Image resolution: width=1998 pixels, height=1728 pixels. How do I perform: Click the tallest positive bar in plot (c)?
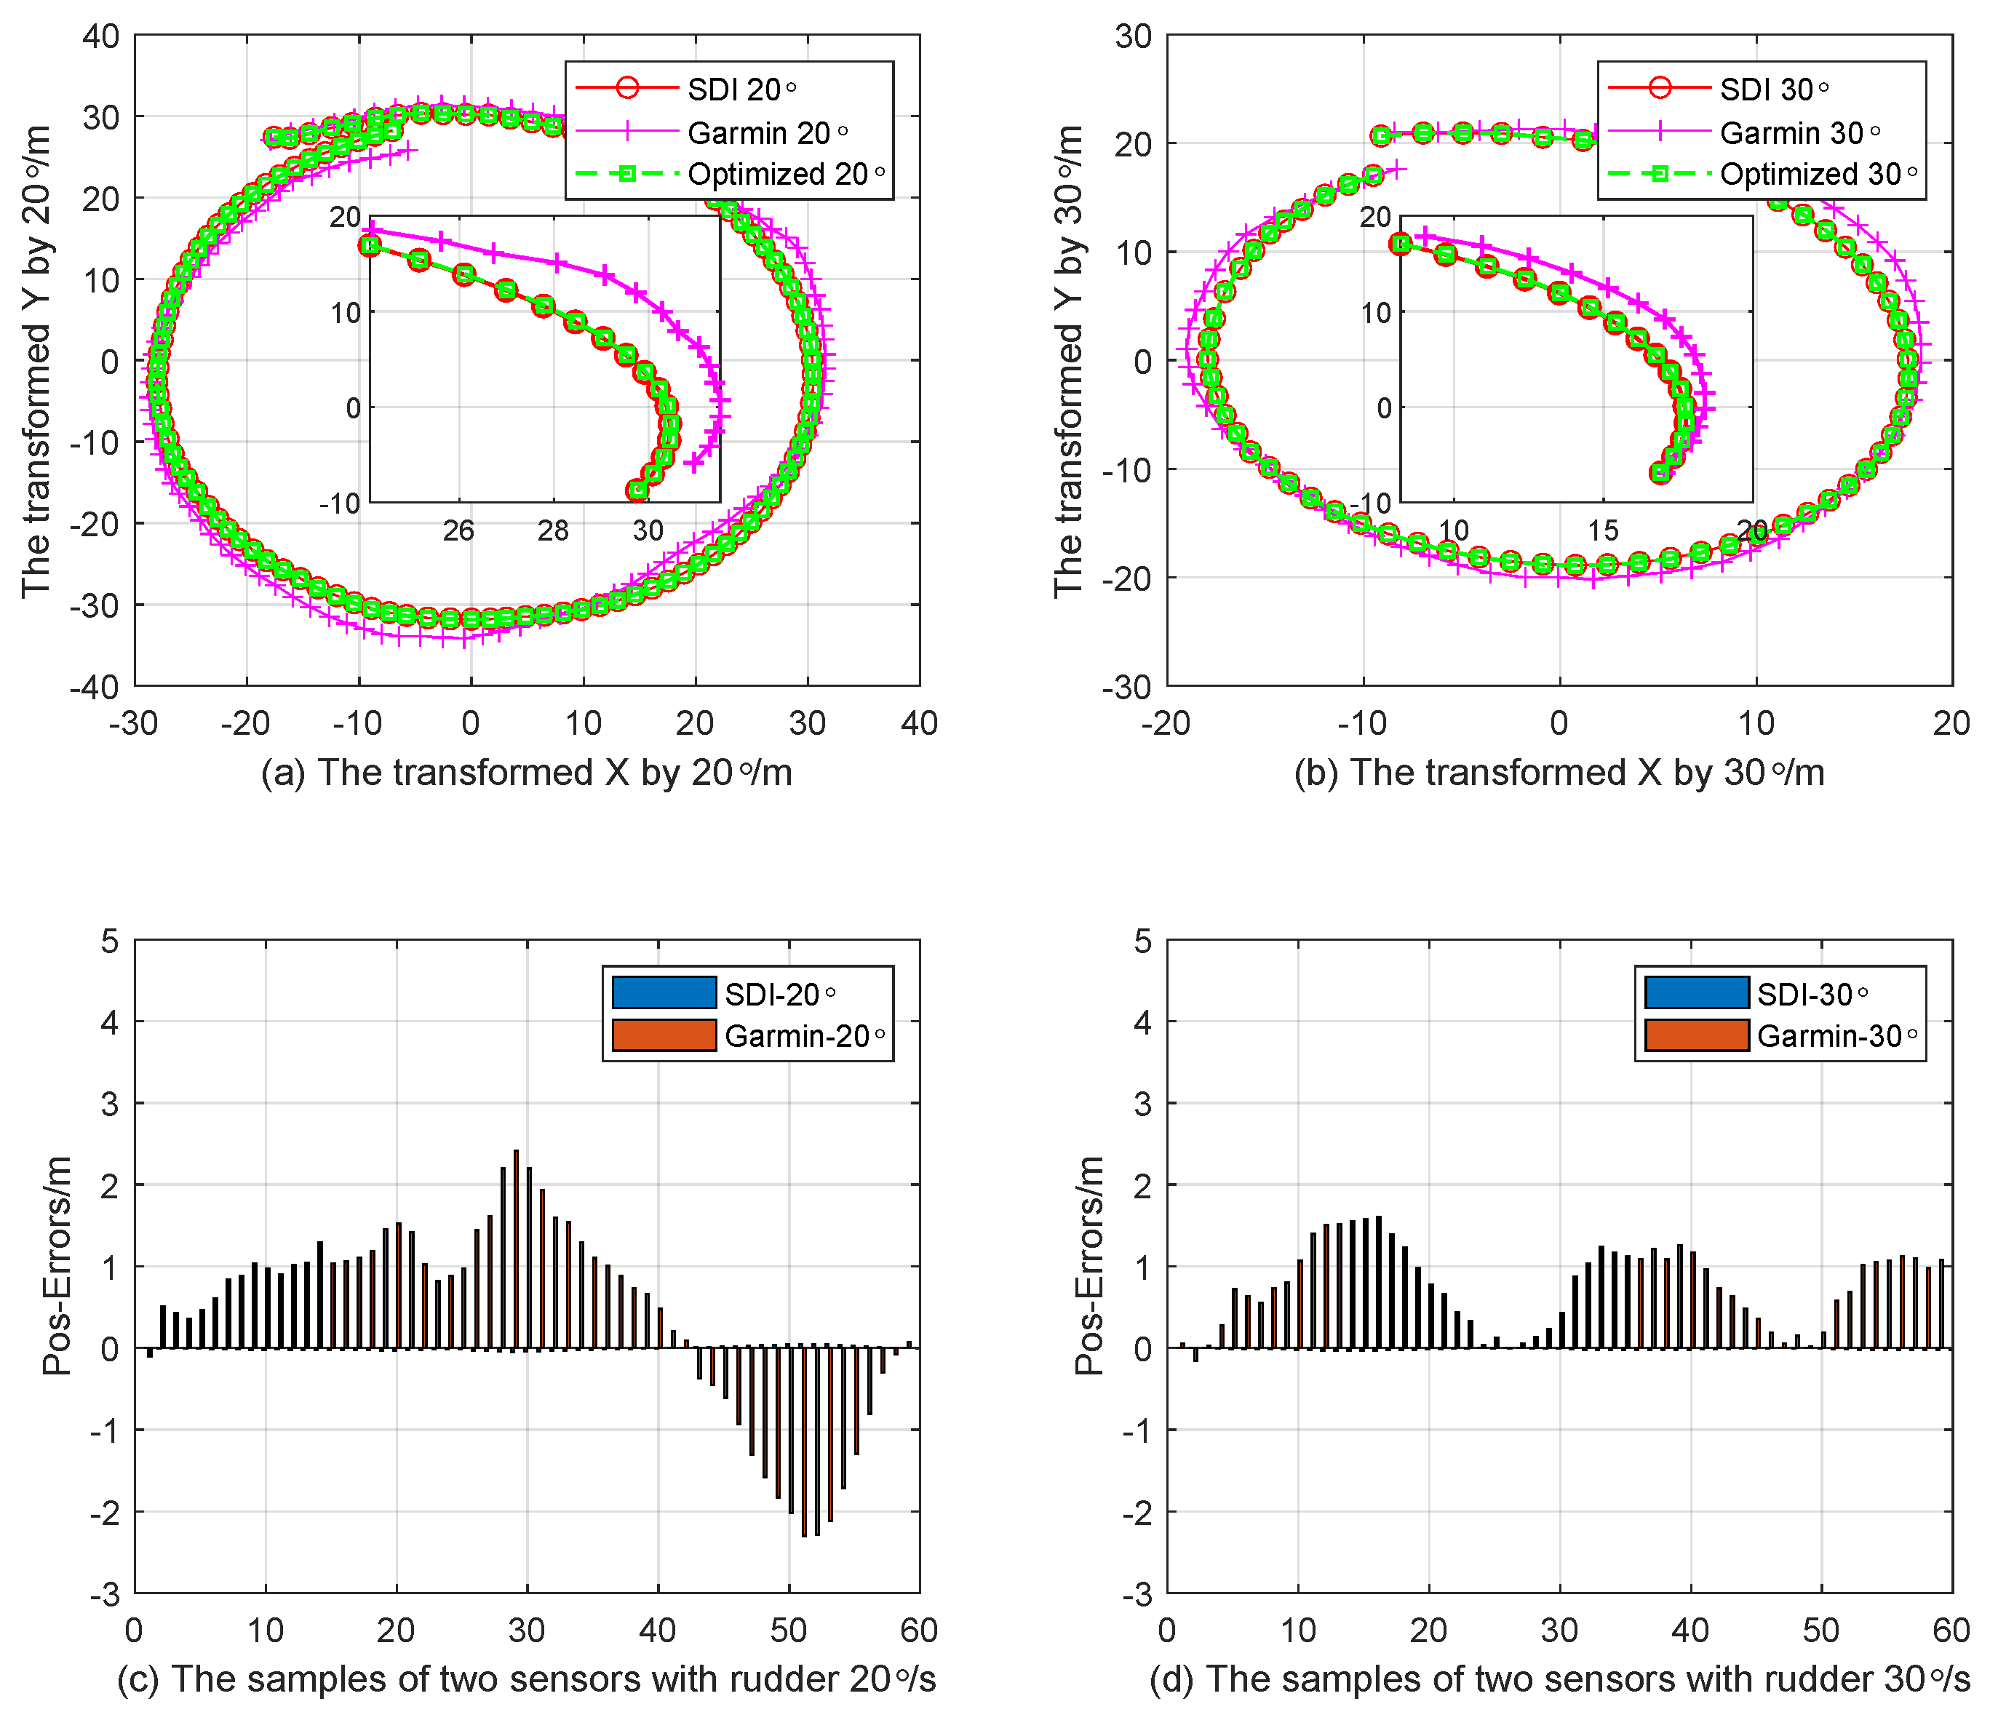click(516, 1248)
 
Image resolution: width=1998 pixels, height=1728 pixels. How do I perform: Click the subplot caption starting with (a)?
click(527, 773)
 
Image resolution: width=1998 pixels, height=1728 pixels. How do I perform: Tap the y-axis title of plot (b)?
click(1068, 361)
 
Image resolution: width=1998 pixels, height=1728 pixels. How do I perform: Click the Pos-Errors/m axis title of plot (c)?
click(58, 1265)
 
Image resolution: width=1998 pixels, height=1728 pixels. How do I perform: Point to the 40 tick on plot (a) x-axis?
click(919, 723)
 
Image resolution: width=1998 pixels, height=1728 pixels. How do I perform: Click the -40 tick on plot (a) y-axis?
click(95, 687)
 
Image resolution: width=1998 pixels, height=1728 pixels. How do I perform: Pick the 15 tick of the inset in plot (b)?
click(1603, 530)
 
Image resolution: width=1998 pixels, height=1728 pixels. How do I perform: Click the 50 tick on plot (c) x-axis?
click(789, 1631)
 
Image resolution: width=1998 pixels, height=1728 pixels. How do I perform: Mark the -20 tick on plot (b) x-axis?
click(1167, 723)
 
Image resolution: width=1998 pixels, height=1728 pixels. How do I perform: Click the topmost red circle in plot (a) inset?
click(370, 245)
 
